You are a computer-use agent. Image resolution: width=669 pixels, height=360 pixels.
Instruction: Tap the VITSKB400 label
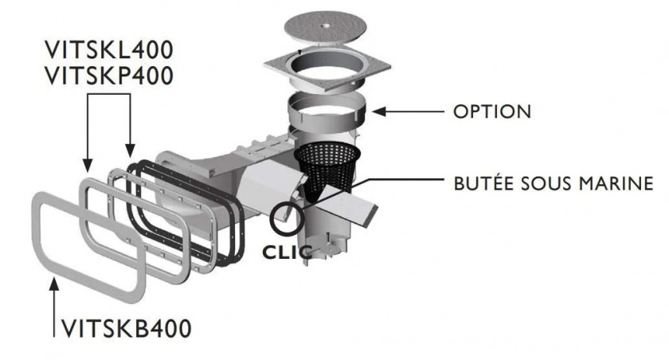click(x=126, y=327)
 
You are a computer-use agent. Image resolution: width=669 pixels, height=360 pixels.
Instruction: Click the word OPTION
click(x=491, y=111)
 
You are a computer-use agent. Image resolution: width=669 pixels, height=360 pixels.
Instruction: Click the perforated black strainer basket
click(x=327, y=167)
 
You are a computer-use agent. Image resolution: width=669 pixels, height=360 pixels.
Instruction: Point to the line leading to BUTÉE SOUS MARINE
click(x=398, y=184)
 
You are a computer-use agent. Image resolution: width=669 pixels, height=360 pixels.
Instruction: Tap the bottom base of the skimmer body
click(x=319, y=247)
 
